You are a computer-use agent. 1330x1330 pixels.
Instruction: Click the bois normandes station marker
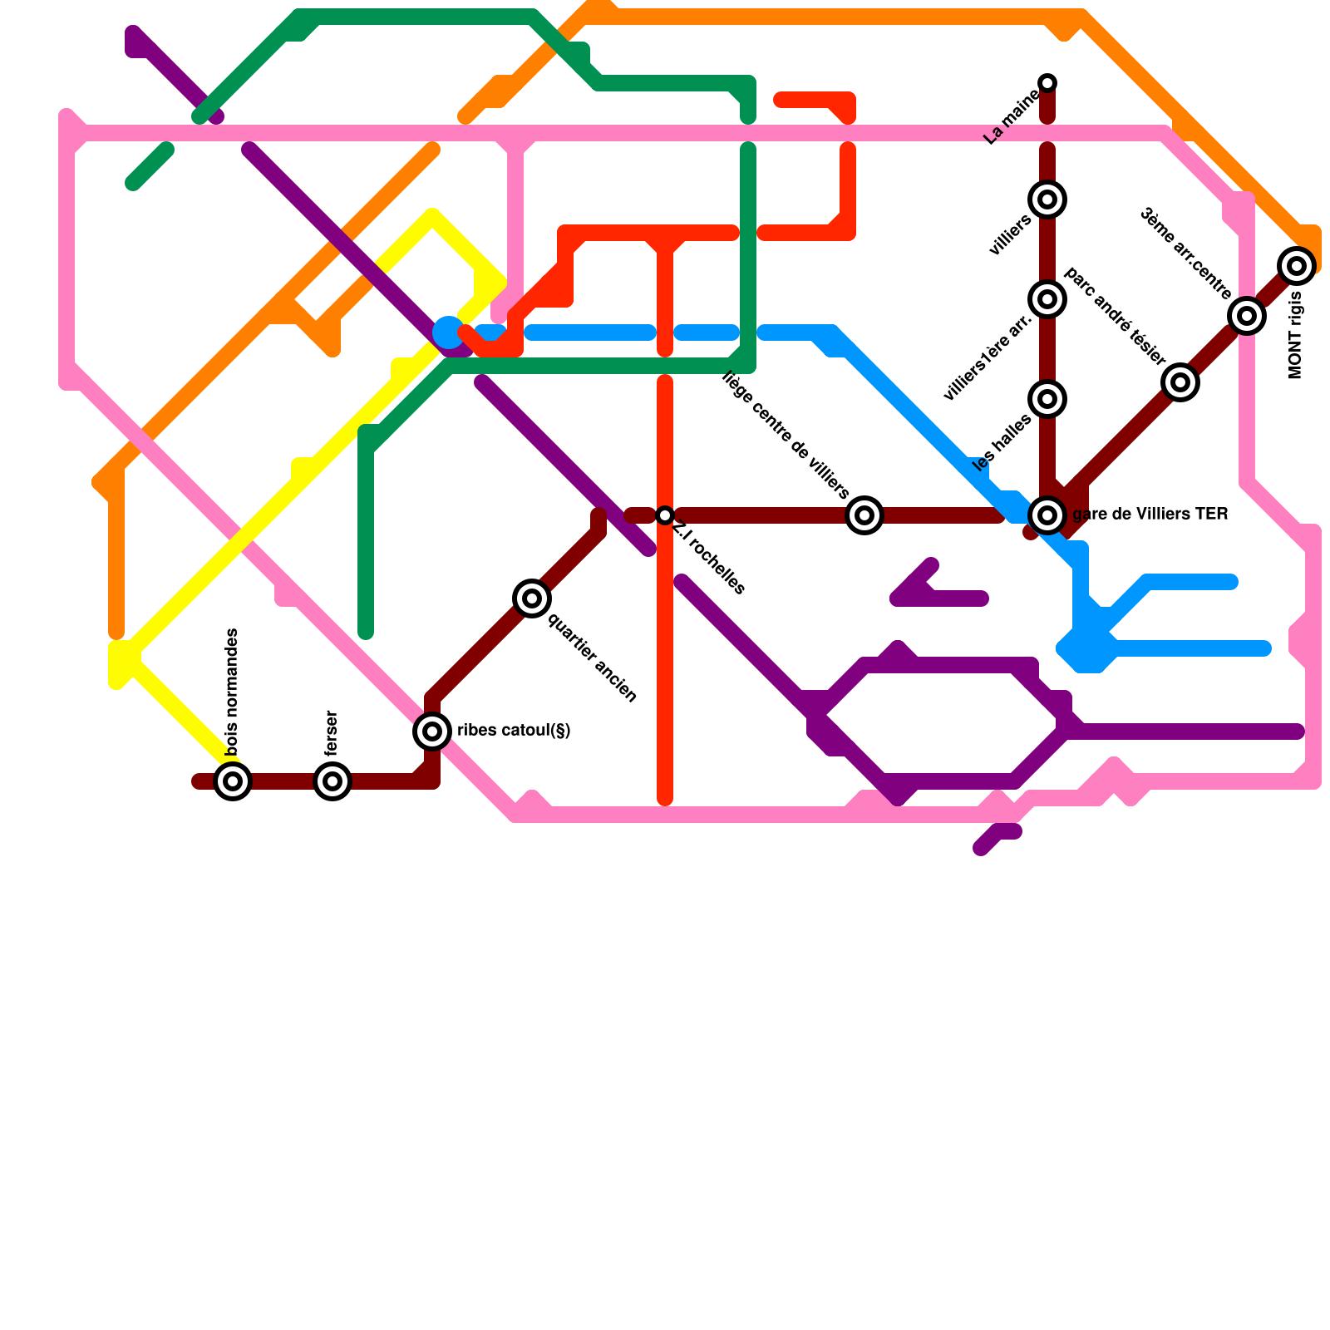[233, 781]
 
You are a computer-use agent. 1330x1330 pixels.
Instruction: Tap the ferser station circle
[332, 781]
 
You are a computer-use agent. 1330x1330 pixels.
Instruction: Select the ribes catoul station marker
[432, 731]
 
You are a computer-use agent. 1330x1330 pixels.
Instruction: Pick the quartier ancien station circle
[532, 598]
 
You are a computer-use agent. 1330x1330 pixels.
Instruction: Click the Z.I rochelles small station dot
[665, 515]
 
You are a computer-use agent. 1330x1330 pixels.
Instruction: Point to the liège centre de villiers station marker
[864, 515]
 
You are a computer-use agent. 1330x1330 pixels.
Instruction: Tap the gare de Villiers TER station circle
[1047, 515]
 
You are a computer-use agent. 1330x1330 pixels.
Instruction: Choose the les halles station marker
[1047, 399]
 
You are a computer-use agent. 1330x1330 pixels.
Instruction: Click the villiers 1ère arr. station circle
[1047, 299]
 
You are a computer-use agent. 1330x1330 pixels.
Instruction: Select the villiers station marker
[1047, 199]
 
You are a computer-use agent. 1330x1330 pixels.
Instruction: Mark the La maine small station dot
[1047, 82]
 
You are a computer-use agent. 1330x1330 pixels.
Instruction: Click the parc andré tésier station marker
[1180, 382]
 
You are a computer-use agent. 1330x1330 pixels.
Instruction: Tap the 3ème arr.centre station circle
[1247, 316]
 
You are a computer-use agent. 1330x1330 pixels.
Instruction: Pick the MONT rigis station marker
[1297, 266]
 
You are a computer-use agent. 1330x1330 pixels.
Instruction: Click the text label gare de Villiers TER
[1150, 515]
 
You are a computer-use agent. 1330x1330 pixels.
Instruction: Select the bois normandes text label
[232, 692]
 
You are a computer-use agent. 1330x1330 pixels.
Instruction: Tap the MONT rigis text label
[1295, 336]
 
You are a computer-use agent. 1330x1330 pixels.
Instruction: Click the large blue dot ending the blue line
[449, 332]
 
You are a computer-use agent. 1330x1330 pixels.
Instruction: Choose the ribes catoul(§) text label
[514, 731]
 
